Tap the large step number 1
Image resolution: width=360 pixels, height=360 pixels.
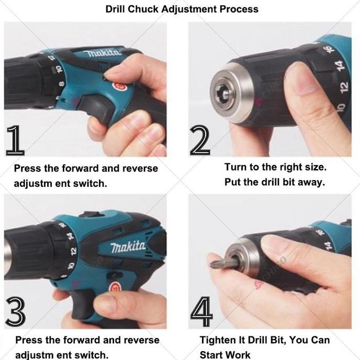[x=15, y=141]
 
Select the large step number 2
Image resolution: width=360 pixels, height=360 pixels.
[x=200, y=141]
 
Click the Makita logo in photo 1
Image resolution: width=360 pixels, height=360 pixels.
[x=103, y=52]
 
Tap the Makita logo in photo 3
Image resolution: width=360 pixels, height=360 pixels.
[x=128, y=247]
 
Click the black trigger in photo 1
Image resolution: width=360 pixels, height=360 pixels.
[x=96, y=108]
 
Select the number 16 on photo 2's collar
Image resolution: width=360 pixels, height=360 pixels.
[x=329, y=49]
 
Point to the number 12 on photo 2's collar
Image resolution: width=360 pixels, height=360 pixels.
[x=344, y=86]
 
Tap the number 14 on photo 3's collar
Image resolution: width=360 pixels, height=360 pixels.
[x=71, y=237]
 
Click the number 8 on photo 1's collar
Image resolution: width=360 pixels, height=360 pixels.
[x=62, y=84]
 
